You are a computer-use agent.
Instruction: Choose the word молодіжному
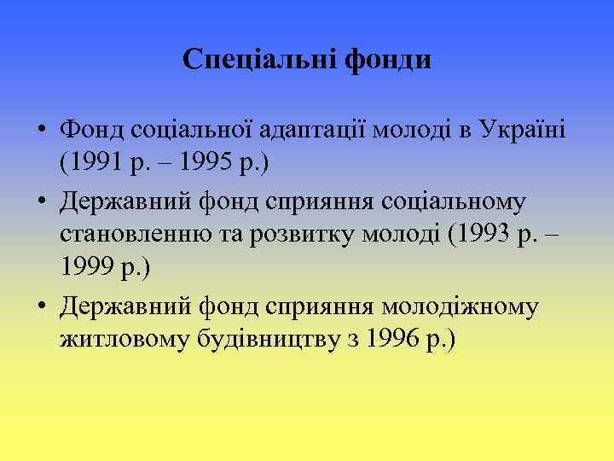pos(460,306)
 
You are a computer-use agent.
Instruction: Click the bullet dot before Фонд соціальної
pos(40,131)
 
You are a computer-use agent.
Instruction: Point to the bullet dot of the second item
pos(40,202)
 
